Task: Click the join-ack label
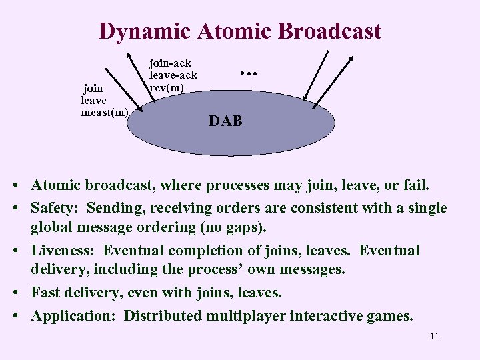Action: pyautogui.click(x=170, y=63)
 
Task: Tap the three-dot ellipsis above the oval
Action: pyautogui.click(x=248, y=71)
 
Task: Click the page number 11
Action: pyautogui.click(x=434, y=337)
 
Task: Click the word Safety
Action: pyautogui.click(x=54, y=209)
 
